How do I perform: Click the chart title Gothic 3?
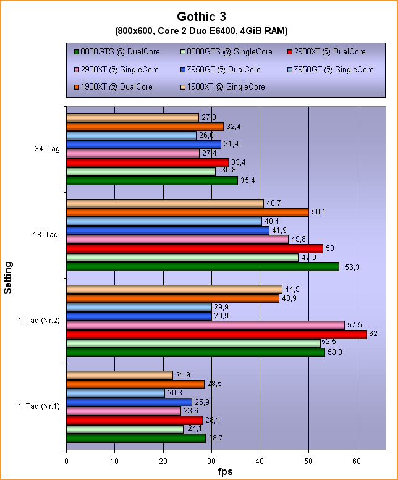(x=199, y=16)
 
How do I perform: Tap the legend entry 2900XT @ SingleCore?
(x=121, y=69)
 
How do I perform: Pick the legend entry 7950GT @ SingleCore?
(x=334, y=69)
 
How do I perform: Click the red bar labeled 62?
(x=216, y=334)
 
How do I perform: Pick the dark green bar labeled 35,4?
(x=152, y=180)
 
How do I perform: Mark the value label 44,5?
(x=292, y=289)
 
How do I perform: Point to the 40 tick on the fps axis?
(x=260, y=461)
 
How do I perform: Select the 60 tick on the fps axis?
(x=357, y=461)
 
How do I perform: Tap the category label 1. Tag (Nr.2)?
(x=40, y=321)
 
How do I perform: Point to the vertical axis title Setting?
(x=8, y=277)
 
